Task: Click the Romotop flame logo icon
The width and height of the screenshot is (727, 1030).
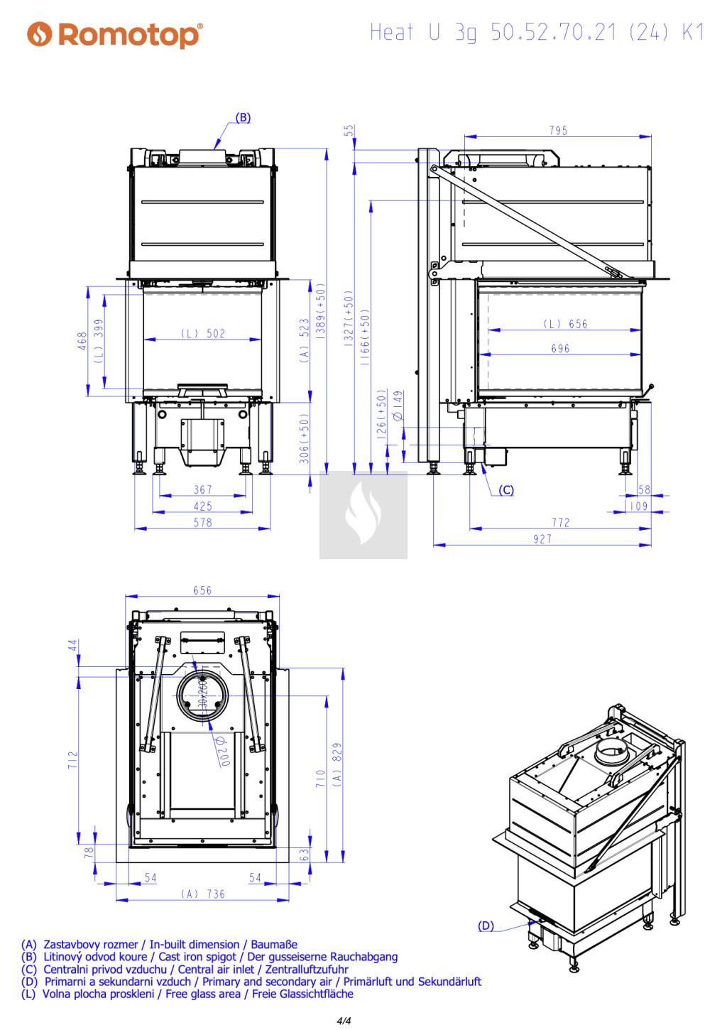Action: [39, 34]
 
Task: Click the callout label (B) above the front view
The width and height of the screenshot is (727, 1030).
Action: [243, 117]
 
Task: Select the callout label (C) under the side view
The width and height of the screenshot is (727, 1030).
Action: [506, 489]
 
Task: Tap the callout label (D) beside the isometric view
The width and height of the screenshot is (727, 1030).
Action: [486, 926]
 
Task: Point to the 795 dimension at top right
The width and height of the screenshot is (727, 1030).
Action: [558, 131]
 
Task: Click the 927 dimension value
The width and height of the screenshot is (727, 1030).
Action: [542, 539]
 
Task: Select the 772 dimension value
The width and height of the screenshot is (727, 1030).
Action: [561, 522]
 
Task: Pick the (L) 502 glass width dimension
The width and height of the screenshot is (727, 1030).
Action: [202, 333]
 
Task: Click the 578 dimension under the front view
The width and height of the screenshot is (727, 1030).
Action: [202, 522]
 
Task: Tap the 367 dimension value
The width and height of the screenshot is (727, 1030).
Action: [202, 489]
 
